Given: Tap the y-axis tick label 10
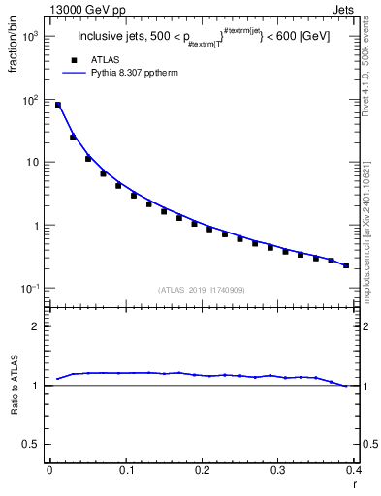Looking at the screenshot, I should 33,163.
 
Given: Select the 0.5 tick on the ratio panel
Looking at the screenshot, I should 34,445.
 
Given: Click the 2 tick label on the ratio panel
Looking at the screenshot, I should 39,326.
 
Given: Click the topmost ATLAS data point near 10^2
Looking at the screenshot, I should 57,105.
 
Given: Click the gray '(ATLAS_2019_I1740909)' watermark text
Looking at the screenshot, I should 201,289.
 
